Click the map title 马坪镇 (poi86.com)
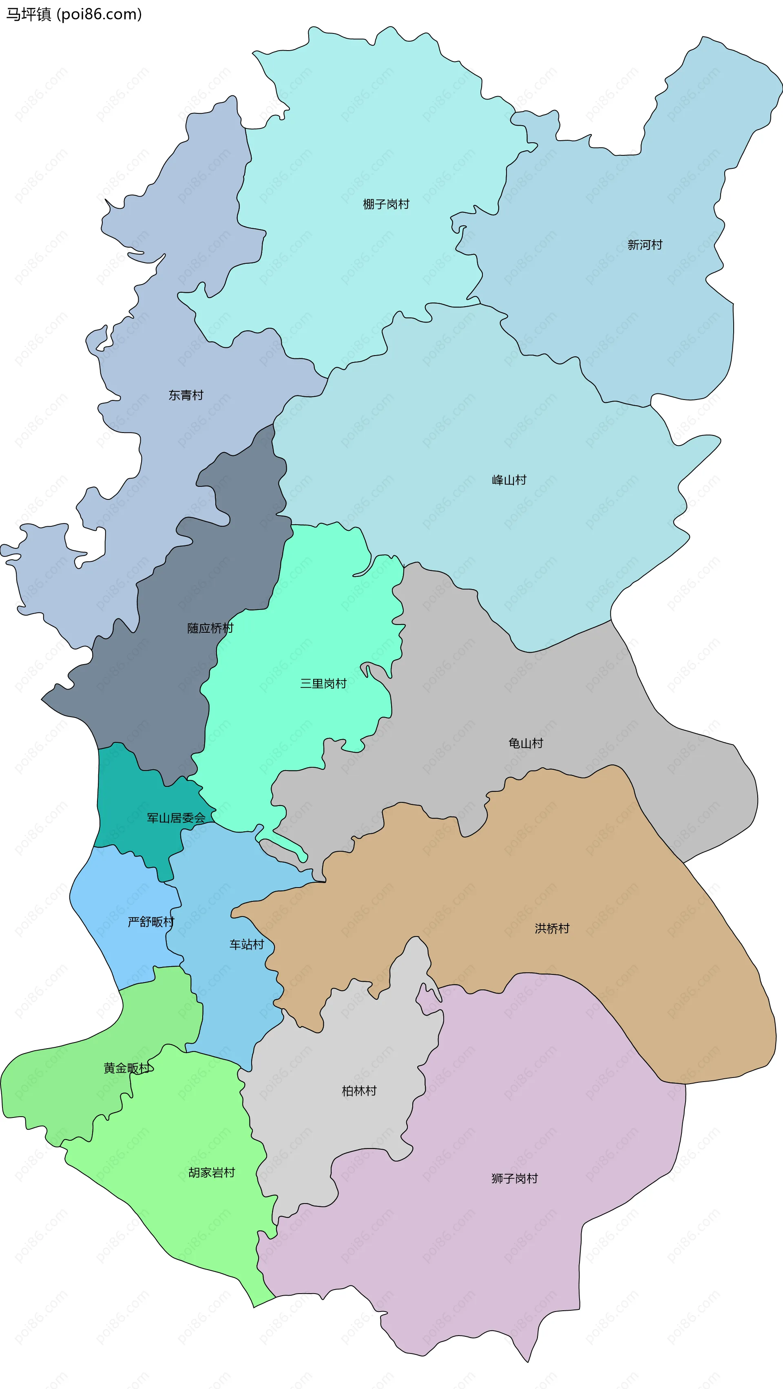click(x=74, y=14)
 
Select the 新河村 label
click(x=644, y=245)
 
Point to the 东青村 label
click(x=186, y=395)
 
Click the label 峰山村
click(x=509, y=480)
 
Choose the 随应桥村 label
click(x=210, y=628)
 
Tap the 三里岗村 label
click(x=323, y=684)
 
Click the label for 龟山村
click(x=525, y=744)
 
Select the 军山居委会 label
click(x=176, y=818)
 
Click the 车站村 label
click(x=246, y=945)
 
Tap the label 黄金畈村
click(x=127, y=1068)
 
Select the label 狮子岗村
click(x=514, y=1179)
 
